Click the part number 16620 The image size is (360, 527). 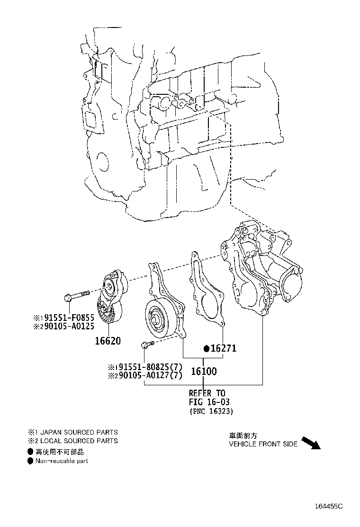pos(107,341)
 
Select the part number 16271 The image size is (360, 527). pos(223,349)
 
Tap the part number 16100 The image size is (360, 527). pos(204,372)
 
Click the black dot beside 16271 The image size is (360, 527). pos(206,349)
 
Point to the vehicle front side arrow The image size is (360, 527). pos(312,443)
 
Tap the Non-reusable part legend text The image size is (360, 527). pos(61,461)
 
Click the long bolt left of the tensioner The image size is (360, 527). pos(76,296)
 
